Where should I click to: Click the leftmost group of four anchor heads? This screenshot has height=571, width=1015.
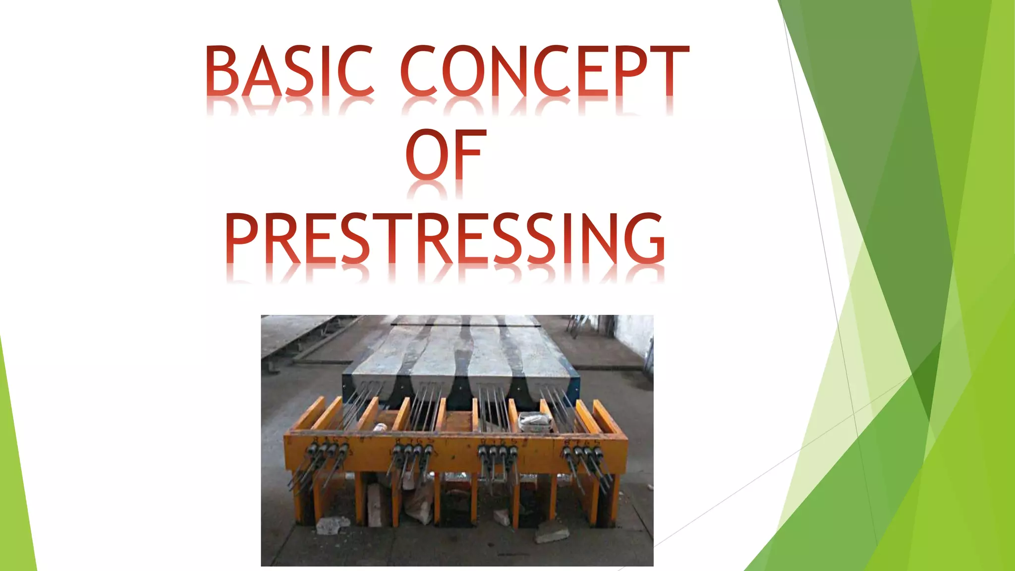pos(325,451)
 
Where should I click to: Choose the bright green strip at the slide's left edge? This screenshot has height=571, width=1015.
pos(15,471)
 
